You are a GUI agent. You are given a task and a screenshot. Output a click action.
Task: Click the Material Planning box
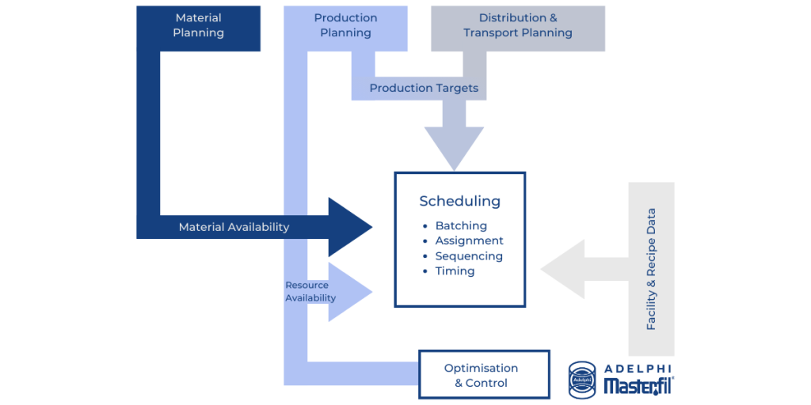pos(199,26)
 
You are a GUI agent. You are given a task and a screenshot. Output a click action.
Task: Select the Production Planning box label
pos(345,26)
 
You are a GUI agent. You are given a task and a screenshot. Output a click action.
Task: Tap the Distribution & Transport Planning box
pos(517,26)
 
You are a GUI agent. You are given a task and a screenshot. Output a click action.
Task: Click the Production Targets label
pos(424,88)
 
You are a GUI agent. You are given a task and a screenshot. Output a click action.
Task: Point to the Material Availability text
pos(234,227)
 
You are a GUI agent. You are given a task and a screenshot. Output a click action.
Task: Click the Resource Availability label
pos(310,292)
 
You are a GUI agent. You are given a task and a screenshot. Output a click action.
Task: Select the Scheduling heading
pos(459,201)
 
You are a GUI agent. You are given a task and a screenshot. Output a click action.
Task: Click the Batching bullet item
pos(461,226)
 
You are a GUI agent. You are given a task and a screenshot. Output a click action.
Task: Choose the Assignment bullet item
pos(469,240)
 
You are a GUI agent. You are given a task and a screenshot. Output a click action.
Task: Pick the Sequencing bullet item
pos(469,255)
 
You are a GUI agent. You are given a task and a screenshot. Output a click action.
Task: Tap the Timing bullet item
pos(455,271)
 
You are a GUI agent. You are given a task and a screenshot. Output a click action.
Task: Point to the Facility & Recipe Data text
pos(651,269)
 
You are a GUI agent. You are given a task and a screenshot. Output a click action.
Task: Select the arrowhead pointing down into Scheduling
pos(454,147)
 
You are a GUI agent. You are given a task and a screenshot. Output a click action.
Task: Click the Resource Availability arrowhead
pos(349,292)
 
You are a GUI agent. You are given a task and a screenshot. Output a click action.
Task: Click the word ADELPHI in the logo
pos(638,369)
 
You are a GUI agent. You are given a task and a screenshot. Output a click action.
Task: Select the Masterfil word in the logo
pos(638,386)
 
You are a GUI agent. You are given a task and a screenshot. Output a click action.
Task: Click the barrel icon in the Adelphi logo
pos(582,379)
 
